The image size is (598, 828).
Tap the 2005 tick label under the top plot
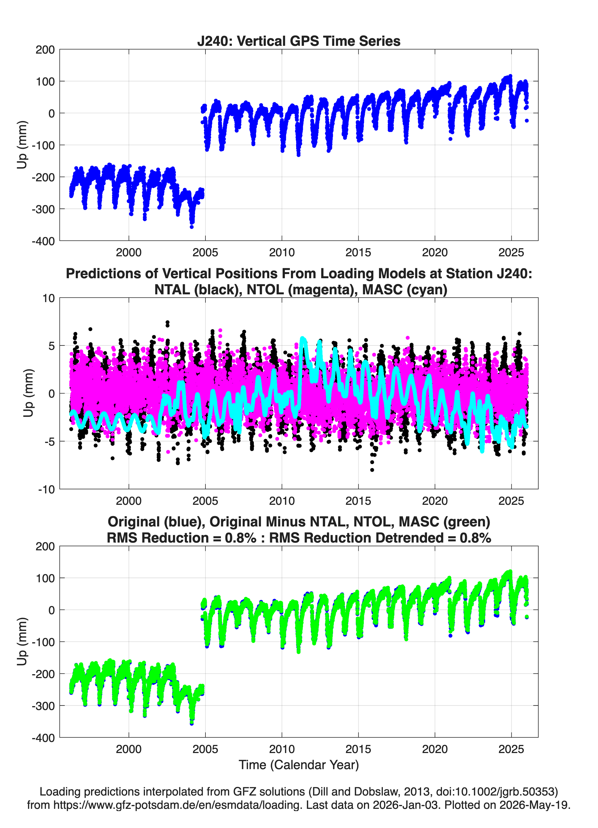click(x=205, y=252)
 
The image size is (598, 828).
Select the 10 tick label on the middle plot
click(x=49, y=298)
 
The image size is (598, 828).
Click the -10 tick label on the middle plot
click(x=46, y=489)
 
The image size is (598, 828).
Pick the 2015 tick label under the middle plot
click(x=358, y=501)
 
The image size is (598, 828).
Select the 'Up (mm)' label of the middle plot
click(x=28, y=393)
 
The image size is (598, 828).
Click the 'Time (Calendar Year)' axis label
click(x=299, y=765)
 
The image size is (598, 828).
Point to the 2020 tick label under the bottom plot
click(x=435, y=749)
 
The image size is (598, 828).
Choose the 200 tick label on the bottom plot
click(x=45, y=546)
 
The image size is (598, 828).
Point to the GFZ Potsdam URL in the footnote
click(x=178, y=805)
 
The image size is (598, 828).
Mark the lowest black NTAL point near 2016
click(x=372, y=470)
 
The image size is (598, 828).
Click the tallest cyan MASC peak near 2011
click(x=302, y=339)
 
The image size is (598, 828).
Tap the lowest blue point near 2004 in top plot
click(x=192, y=227)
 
